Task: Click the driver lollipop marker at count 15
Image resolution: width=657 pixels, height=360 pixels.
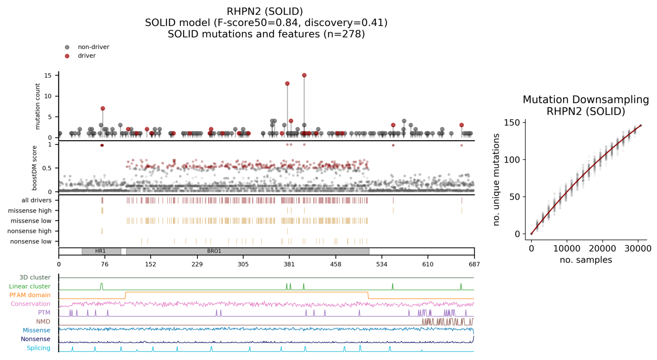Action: [304, 75]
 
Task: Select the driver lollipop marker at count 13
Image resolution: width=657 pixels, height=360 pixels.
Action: [287, 84]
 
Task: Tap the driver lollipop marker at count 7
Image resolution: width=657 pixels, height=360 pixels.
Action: [103, 109]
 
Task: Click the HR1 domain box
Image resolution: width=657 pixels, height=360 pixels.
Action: [101, 251]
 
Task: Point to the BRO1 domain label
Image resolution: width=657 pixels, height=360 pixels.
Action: [214, 251]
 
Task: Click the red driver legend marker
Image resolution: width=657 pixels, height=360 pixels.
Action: [67, 56]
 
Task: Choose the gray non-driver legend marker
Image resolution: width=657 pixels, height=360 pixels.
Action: [67, 47]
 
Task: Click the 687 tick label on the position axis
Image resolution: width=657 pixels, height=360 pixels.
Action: [474, 264]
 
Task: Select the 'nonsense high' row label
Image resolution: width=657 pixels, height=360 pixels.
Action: [29, 231]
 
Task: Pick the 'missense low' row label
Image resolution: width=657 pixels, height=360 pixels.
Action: [31, 221]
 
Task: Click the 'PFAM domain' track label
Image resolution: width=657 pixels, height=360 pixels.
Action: [30, 295]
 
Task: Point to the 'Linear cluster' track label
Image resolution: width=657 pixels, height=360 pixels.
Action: [30, 286]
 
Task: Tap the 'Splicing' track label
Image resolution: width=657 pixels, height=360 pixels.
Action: [39, 348]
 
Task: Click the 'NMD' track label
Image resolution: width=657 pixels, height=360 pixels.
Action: [43, 321]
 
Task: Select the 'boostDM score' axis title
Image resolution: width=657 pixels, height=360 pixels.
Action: [35, 167]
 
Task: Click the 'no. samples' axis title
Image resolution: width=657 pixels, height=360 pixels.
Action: [585, 260]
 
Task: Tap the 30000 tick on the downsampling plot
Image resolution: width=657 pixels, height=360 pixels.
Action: [638, 249]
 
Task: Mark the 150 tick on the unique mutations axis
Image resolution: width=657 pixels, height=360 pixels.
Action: [512, 123]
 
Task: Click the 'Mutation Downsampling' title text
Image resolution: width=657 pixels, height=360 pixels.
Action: [585, 99]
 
